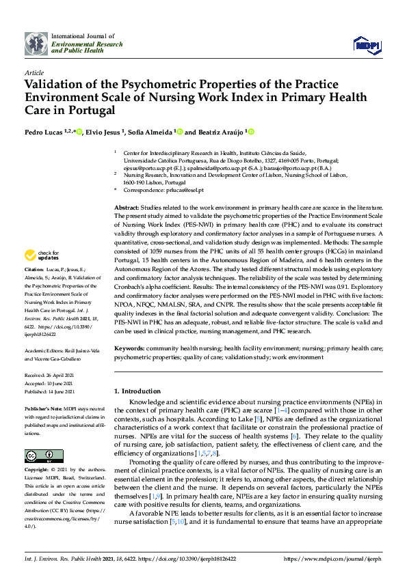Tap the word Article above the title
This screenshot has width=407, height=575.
pyautogui.click(x=34, y=72)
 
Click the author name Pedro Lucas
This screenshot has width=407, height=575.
pyautogui.click(x=44, y=132)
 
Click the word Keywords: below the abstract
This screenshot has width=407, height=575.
pyautogui.click(x=129, y=348)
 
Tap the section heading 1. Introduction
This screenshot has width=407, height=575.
pyautogui.click(x=141, y=392)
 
